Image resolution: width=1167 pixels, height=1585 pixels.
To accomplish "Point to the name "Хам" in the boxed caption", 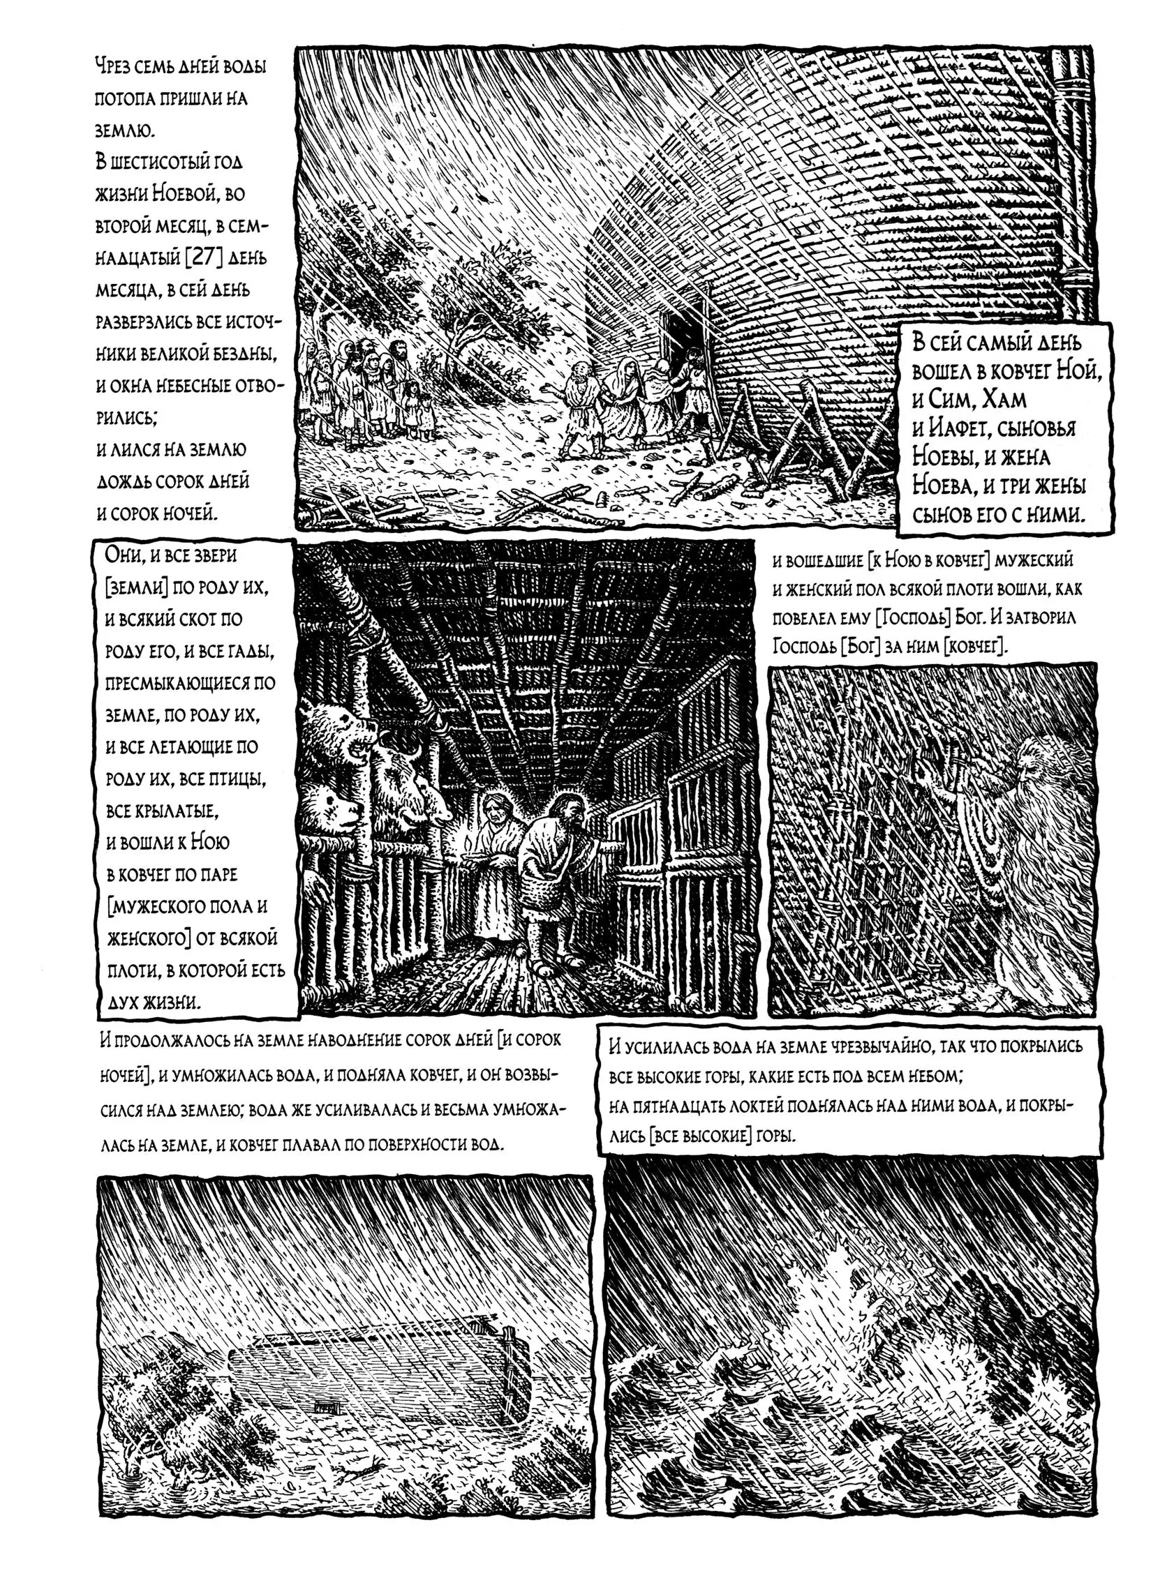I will pyautogui.click(x=999, y=400).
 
